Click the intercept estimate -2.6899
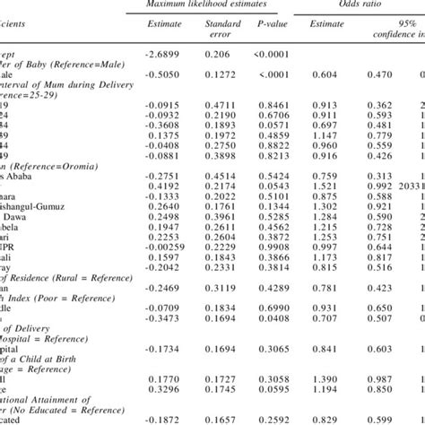coord(163,55)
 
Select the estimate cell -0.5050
coord(163,75)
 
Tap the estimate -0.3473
coord(163,318)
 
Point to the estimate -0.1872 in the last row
coord(163,419)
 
